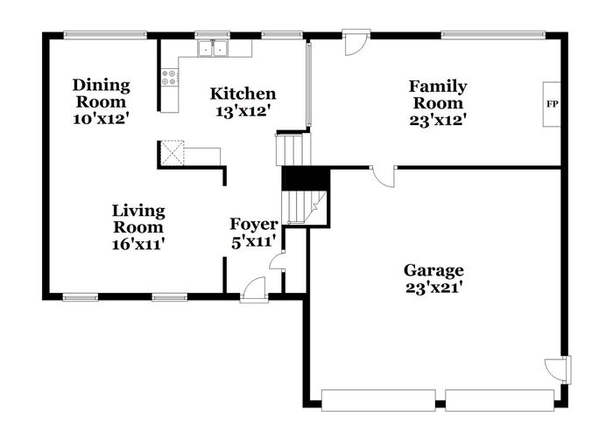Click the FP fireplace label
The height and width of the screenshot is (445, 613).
click(552, 104)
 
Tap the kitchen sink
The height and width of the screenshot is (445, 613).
click(213, 49)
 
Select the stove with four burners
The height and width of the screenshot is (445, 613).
click(170, 77)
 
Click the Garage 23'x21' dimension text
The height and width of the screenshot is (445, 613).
click(434, 288)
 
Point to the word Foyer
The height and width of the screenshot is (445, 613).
click(254, 224)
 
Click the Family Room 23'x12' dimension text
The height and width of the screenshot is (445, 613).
click(438, 120)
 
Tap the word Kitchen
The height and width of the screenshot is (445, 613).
click(243, 94)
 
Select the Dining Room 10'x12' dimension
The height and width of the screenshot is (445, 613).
click(101, 118)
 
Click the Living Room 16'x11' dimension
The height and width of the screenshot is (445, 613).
click(137, 245)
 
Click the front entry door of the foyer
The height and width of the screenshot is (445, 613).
click(254, 289)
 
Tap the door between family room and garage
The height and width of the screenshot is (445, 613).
click(384, 177)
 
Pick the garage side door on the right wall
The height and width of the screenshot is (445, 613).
click(559, 369)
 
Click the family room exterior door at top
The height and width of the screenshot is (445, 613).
click(356, 42)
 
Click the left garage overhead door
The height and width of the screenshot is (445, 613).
click(378, 400)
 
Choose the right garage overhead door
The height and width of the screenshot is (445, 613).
click(500, 400)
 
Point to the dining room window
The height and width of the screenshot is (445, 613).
click(105, 35)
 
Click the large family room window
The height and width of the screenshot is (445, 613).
click(493, 35)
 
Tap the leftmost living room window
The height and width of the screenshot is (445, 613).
click(81, 298)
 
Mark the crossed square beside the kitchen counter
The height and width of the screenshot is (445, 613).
click(173, 153)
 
